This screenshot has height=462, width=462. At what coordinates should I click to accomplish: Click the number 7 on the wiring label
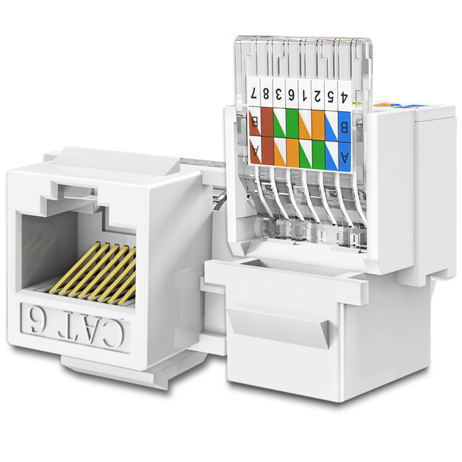(x=254, y=94)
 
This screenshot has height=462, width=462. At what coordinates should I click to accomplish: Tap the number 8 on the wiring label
(x=266, y=94)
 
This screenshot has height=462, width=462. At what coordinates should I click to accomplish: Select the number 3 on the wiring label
(x=278, y=95)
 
